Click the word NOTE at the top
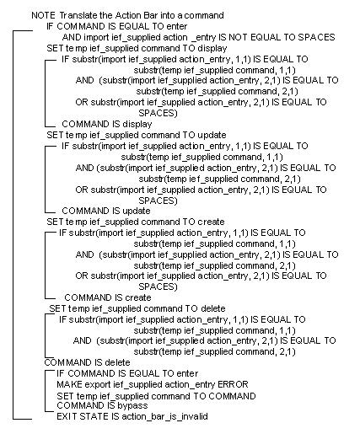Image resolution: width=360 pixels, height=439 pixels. (x=43, y=16)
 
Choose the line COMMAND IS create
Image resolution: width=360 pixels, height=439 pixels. (x=107, y=297)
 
